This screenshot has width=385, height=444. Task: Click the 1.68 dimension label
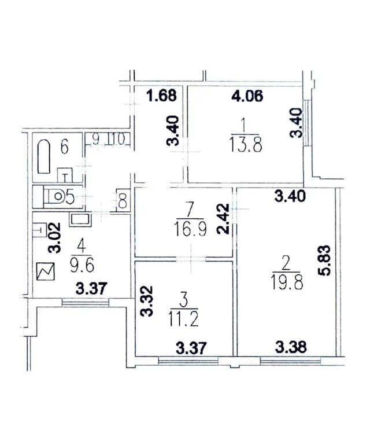point(162,95)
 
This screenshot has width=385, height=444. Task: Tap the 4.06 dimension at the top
point(247,96)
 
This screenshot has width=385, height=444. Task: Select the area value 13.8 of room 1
point(246,144)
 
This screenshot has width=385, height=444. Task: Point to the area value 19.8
point(287,281)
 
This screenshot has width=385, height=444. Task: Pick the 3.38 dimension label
point(291,347)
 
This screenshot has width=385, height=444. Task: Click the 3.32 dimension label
point(147,301)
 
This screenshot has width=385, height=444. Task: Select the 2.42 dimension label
point(223,219)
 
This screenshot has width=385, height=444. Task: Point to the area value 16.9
point(191,229)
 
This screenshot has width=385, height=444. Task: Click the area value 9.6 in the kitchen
point(82,265)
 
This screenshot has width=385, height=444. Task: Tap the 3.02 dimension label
point(54,238)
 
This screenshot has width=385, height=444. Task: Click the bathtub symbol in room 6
point(44,156)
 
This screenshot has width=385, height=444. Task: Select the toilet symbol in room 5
point(55,196)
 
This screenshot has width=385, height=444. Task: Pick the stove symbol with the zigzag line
point(46,271)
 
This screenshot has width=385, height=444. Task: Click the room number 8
point(123,201)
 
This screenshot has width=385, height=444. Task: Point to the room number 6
point(65,147)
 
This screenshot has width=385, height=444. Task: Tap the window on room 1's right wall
point(306,123)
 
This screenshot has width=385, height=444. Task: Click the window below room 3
point(188,361)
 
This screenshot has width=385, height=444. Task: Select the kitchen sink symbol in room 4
point(80,220)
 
